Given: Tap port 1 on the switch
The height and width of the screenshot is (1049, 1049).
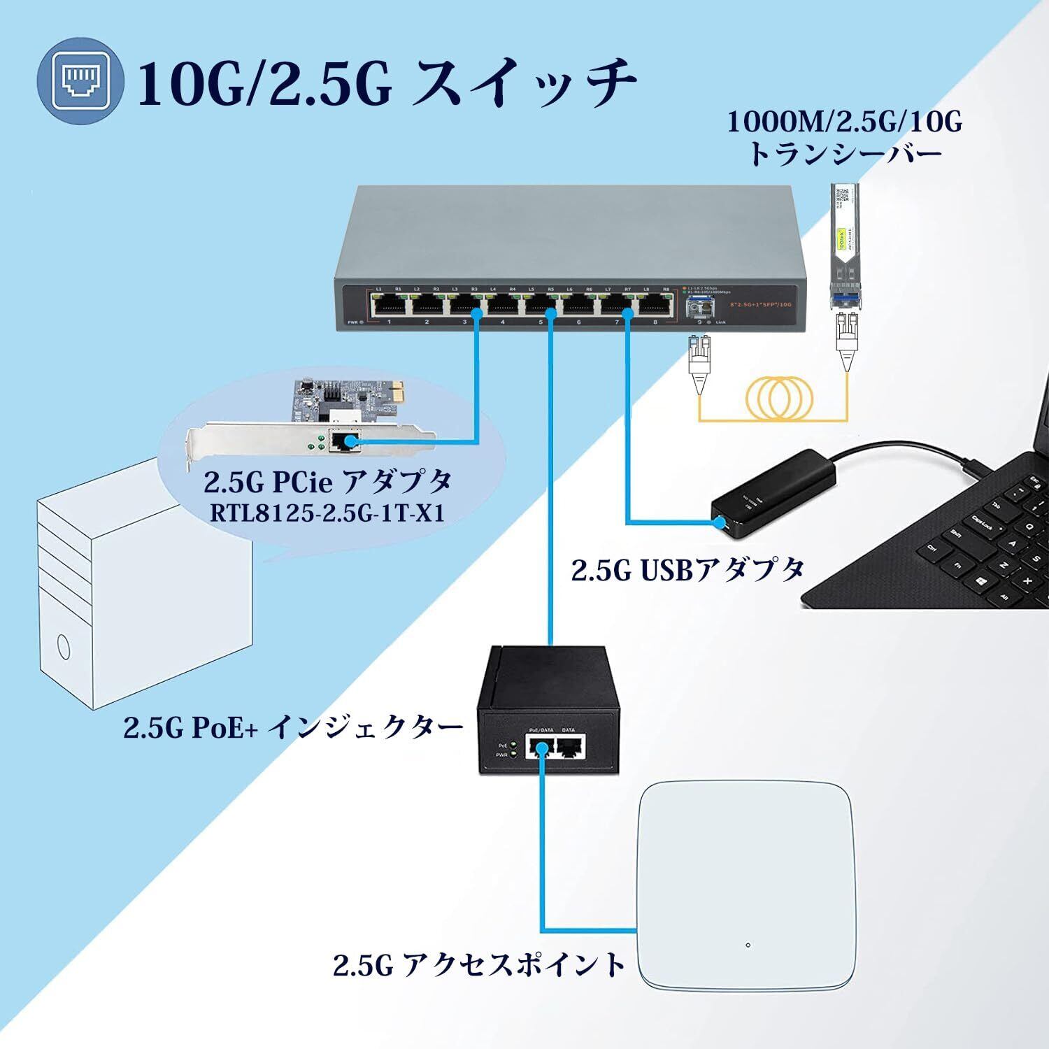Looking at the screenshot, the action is click(390, 305).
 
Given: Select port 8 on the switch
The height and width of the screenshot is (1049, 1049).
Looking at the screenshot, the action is click(655, 305).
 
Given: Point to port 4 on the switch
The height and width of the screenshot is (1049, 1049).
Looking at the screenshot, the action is click(504, 305).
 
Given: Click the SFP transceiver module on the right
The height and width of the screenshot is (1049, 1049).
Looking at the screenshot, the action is click(844, 245).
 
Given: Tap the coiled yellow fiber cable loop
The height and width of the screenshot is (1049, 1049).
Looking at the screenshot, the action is click(778, 397).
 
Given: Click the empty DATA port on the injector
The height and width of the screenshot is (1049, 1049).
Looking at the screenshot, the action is click(571, 748).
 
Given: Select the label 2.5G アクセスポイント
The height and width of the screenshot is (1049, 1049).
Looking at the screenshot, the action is click(479, 965).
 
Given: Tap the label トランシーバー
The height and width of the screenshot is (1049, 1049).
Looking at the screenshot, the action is click(845, 153).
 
